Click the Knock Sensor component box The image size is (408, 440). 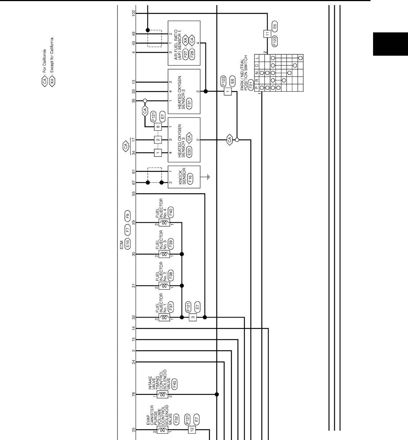click(184, 177)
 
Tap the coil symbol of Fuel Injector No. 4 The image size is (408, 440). click(164, 223)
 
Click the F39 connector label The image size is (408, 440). click(171, 243)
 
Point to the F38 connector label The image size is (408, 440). click(171, 274)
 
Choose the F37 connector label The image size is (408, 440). click(171, 306)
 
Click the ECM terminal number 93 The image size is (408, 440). click(134, 193)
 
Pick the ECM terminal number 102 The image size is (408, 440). click(134, 13)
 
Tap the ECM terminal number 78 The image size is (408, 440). click(134, 394)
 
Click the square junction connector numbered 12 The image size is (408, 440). click(192, 430)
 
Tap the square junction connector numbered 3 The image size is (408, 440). click(193, 317)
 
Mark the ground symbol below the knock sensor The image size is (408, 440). click(208, 177)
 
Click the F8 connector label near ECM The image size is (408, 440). click(127, 214)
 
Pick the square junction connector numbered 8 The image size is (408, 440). click(158, 127)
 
